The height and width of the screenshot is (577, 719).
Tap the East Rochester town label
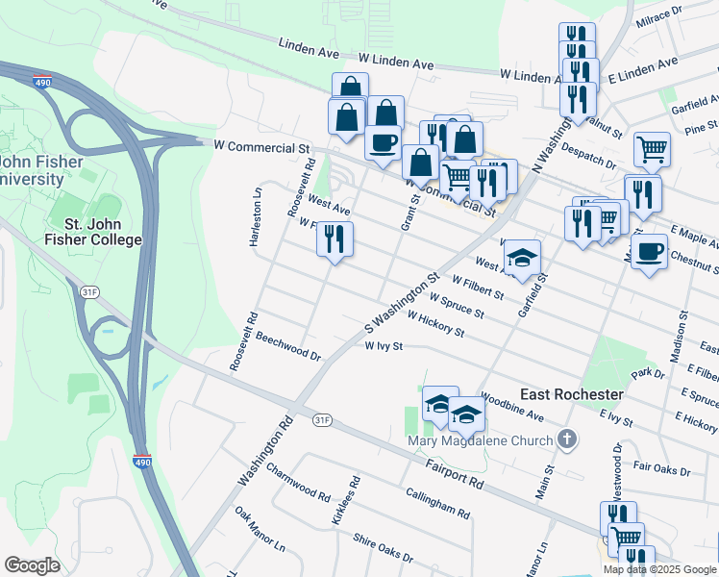[x=572, y=395]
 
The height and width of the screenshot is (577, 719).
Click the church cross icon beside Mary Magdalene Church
[x=567, y=441]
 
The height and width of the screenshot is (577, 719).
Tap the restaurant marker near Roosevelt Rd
[x=335, y=238]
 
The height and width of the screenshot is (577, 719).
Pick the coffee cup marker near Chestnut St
[x=650, y=251]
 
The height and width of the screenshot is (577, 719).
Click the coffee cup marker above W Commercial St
[x=384, y=142]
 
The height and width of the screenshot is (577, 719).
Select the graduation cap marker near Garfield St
[x=522, y=257]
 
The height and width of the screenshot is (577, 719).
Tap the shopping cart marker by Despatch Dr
[x=652, y=149]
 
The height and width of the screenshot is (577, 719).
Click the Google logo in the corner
[x=32, y=565]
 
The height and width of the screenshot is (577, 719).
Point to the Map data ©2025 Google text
[x=660, y=569]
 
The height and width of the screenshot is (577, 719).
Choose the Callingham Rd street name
[x=436, y=501]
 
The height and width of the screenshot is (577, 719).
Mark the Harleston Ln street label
[x=256, y=217]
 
